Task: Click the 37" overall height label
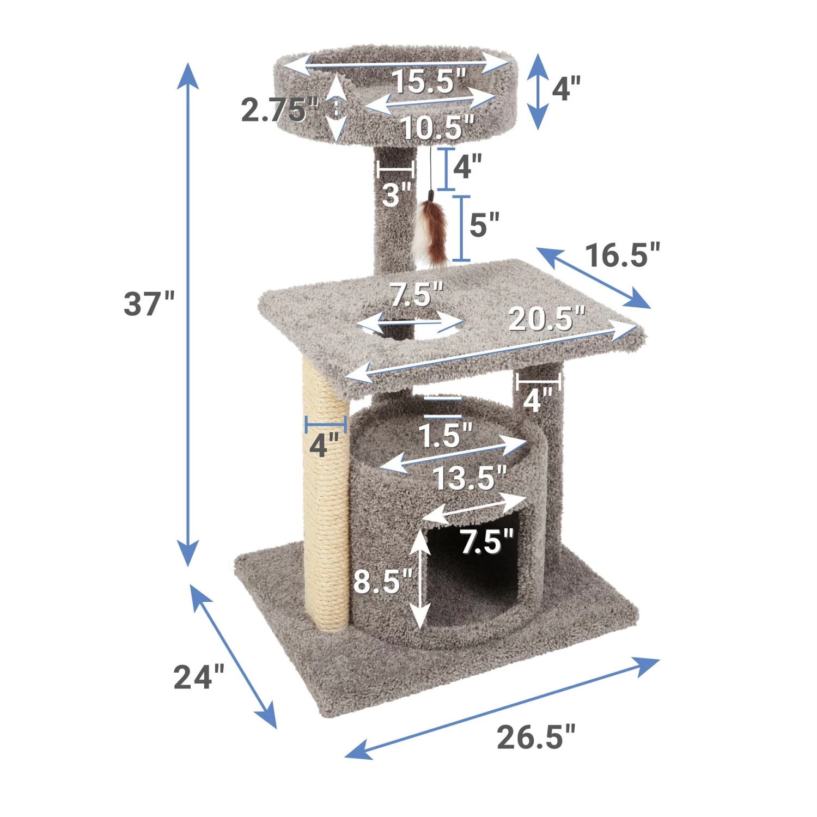click(149, 303)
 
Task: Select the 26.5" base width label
click(535, 737)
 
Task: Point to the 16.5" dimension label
click(622, 254)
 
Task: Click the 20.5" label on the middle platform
click(546, 318)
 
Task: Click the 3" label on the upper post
click(396, 194)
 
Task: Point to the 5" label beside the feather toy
click(484, 224)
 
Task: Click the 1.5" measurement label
click(445, 436)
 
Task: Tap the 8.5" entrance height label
click(383, 581)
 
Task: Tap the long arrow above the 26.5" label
click(502, 708)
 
